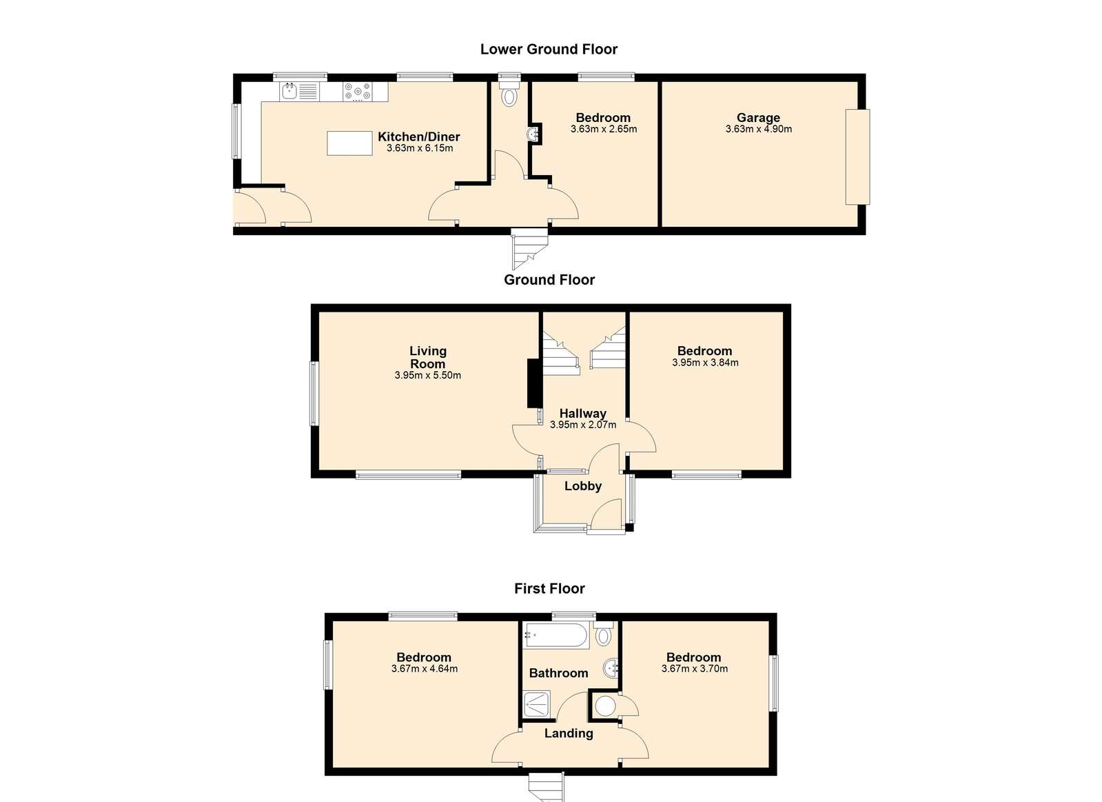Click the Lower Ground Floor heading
click(x=549, y=49)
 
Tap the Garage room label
click(x=758, y=118)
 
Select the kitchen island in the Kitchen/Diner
click(x=349, y=143)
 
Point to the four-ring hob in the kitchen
click(x=358, y=92)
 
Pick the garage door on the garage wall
click(x=857, y=157)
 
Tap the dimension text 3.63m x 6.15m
click(x=420, y=148)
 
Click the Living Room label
click(x=427, y=357)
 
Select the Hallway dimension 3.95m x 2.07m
click(x=583, y=425)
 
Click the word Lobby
click(x=583, y=486)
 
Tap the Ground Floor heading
click(x=549, y=280)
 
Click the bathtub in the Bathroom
click(x=556, y=635)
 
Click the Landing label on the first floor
click(x=569, y=734)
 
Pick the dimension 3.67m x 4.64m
click(x=425, y=669)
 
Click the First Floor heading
click(x=549, y=588)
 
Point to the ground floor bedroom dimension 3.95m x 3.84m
click(x=705, y=363)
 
